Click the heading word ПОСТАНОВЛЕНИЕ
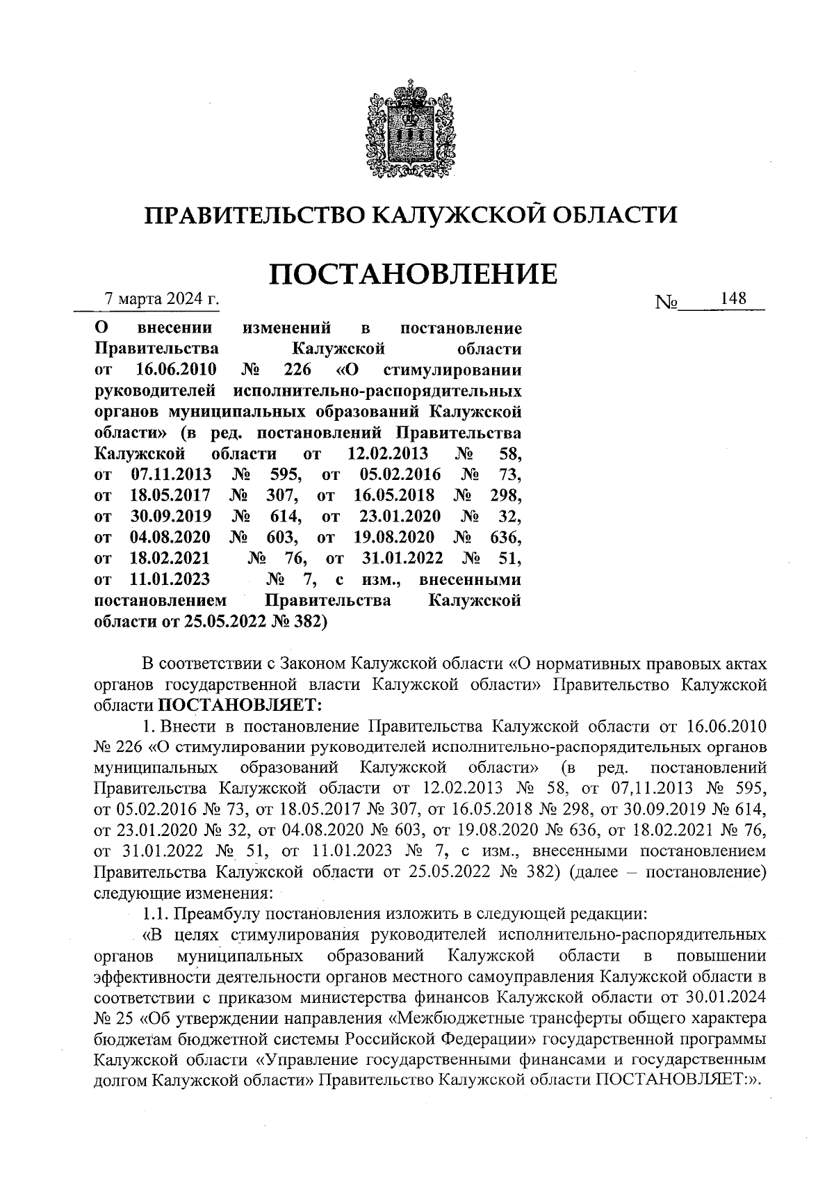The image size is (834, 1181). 412,273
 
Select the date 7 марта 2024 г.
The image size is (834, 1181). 161,300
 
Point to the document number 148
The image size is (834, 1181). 733,298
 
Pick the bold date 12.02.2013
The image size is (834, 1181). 386,454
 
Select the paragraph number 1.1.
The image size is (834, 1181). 152,913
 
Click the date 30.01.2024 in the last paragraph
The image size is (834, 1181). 723,997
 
